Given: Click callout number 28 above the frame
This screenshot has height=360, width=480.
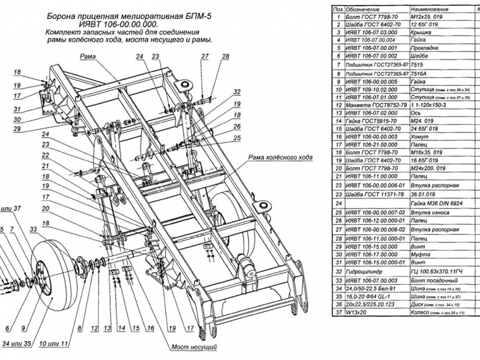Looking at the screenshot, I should pyautogui.click(x=225, y=57).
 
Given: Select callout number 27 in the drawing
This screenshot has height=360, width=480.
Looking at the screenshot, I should pyautogui.click(x=205, y=57).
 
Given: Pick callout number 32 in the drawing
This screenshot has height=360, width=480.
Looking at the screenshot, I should pyautogui.click(x=236, y=92).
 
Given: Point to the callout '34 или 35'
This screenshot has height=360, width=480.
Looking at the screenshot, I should pyautogui.click(x=20, y=344).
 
